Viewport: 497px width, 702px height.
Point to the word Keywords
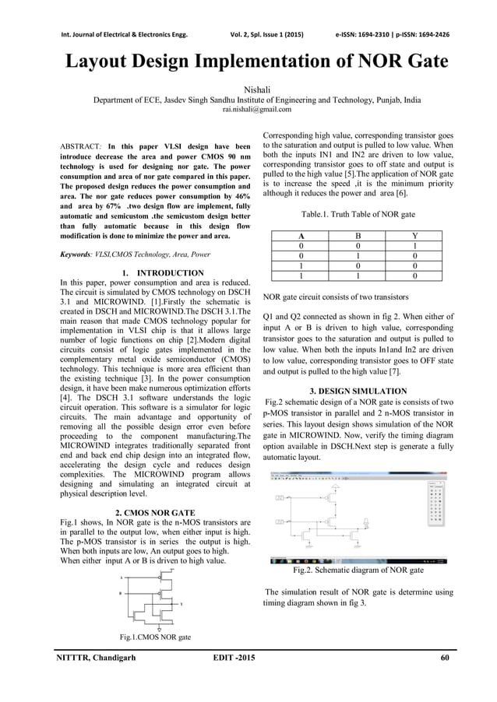[x=77, y=254]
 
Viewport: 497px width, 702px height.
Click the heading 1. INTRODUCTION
[x=159, y=272]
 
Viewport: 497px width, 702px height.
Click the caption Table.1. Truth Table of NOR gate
[x=358, y=212]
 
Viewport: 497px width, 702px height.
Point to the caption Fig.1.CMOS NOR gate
[x=155, y=637]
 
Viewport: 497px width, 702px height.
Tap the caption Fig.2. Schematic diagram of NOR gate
[x=358, y=570]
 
